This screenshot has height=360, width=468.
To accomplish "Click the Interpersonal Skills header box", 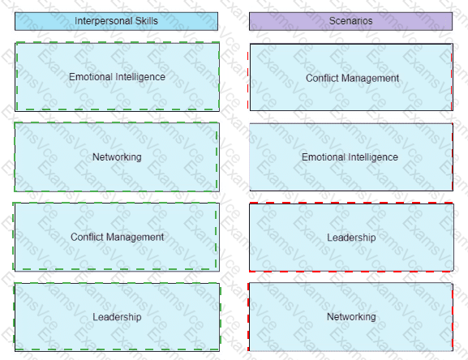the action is pos(117,21).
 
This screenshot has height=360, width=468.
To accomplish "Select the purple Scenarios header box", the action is pos(350,21).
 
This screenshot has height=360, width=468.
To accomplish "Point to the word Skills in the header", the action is pos(146,21).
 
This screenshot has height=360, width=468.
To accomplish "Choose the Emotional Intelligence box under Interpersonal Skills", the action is pos(117,77).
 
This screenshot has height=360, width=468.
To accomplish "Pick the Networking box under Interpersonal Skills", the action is pos(117,156).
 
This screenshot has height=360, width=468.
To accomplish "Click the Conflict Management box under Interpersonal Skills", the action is pos(116,237).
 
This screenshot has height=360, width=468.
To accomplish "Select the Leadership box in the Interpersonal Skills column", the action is pos(117,317).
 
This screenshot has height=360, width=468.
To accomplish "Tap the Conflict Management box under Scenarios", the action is pos(351,77).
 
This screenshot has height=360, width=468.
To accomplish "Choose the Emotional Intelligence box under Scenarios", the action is pos(351,156).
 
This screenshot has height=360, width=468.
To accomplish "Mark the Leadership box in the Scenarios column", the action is pos(351,238).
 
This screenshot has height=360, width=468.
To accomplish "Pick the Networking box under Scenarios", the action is pos(351,317).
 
